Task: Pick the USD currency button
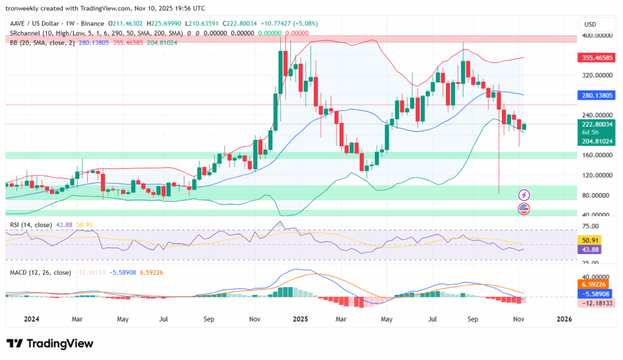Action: pyautogui.click(x=590, y=24)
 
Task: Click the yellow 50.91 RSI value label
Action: pyautogui.click(x=592, y=240)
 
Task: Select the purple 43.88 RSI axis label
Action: pyautogui.click(x=592, y=249)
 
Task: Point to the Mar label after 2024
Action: pyautogui.click(x=77, y=319)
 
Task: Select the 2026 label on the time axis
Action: pyautogui.click(x=564, y=319)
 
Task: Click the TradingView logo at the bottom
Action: pyautogui.click(x=50, y=344)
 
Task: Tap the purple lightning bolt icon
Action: pyautogui.click(x=524, y=195)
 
